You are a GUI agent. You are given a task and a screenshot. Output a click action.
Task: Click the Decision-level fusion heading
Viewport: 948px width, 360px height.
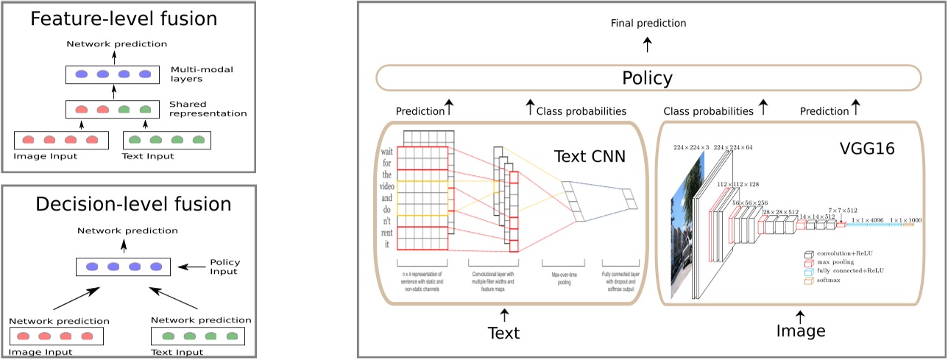click(x=123, y=203)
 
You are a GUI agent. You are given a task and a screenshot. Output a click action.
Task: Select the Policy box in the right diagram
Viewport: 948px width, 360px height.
click(x=648, y=78)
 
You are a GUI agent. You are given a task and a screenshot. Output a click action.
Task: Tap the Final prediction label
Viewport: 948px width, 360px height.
click(x=648, y=24)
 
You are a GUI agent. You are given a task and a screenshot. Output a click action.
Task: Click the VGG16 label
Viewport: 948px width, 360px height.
click(x=866, y=149)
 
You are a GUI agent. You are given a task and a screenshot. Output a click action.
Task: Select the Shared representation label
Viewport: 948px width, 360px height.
click(x=208, y=109)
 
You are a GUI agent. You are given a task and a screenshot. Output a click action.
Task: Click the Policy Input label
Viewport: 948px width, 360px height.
click(x=224, y=267)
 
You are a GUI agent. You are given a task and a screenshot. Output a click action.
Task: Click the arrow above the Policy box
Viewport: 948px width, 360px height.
click(x=648, y=46)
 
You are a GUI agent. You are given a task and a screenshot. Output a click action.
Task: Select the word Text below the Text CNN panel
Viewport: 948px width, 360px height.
click(x=503, y=333)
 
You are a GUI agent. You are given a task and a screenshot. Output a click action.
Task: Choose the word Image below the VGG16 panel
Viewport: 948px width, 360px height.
click(x=801, y=331)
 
